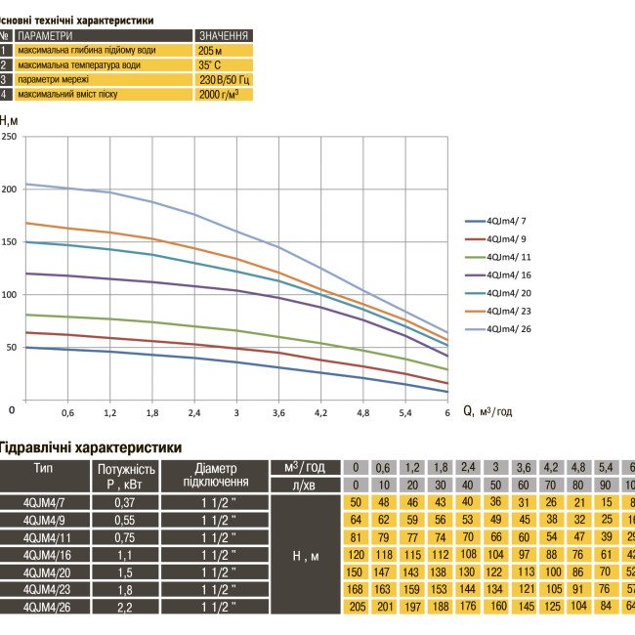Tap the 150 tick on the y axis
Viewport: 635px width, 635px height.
click(9, 241)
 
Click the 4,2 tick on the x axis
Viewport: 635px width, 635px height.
click(321, 412)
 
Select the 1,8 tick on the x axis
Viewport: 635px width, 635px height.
click(152, 412)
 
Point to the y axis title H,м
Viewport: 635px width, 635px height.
click(9, 120)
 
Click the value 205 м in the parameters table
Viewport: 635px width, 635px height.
click(210, 50)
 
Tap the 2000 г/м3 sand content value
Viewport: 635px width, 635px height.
click(218, 95)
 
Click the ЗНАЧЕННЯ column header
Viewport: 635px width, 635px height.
click(223, 35)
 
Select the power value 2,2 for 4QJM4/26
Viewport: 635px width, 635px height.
click(123, 606)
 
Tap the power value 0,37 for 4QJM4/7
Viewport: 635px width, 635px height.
click(123, 501)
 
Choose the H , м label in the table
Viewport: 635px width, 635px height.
click(307, 556)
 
